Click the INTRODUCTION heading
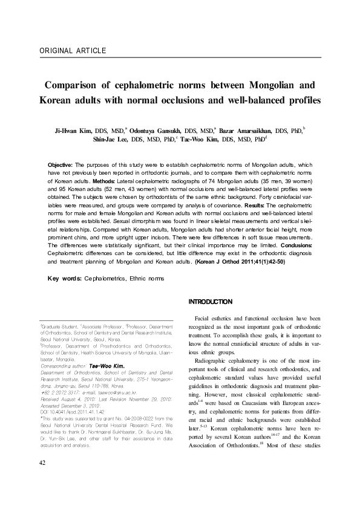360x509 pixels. click(211, 301)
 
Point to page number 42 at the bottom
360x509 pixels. click(42, 480)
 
